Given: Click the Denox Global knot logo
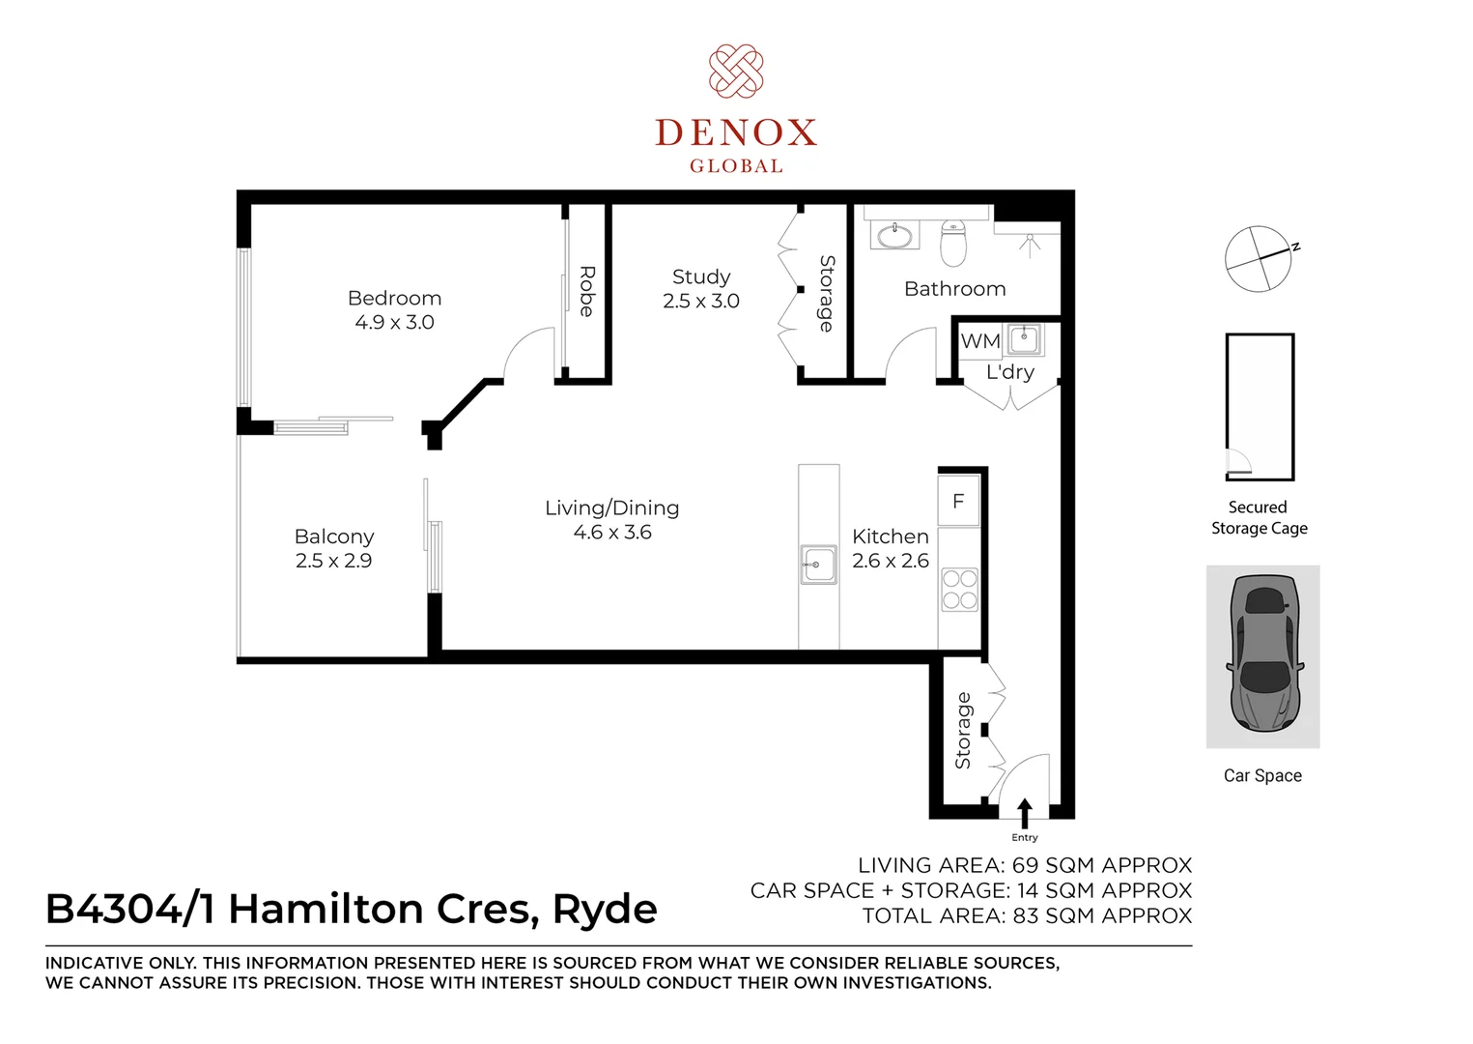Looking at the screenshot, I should pyautogui.click(x=736, y=71).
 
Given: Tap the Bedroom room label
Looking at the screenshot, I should pyautogui.click(x=394, y=298).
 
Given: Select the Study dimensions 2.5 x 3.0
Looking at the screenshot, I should pyautogui.click(x=700, y=302).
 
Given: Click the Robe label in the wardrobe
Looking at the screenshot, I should pyautogui.click(x=586, y=291).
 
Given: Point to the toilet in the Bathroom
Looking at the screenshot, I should pyautogui.click(x=953, y=244).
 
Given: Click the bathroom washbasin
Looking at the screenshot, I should pyautogui.click(x=894, y=234).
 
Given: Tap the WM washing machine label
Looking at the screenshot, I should pyautogui.click(x=979, y=341).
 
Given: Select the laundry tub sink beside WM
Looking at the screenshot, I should pyautogui.click(x=1024, y=340).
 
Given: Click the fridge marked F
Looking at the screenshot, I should pyautogui.click(x=958, y=502).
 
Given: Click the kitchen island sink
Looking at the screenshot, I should pyautogui.click(x=818, y=565).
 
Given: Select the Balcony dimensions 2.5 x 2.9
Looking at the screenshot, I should pyautogui.click(x=333, y=561).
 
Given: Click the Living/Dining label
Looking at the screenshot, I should pyautogui.click(x=611, y=507).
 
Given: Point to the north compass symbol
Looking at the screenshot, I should pyautogui.click(x=1259, y=259).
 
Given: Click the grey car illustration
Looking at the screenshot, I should pyautogui.click(x=1262, y=654).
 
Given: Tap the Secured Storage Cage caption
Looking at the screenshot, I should pyautogui.click(x=1259, y=518).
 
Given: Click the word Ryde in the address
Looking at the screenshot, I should pyautogui.click(x=604, y=910).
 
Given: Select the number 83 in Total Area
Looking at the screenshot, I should pyautogui.click(x=1028, y=915).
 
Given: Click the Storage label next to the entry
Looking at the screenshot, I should pyautogui.click(x=963, y=731).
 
